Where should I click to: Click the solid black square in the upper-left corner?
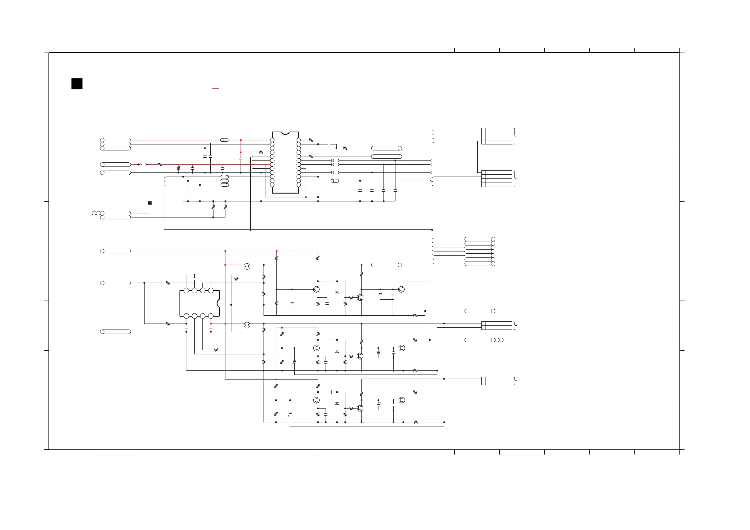coord(77,84)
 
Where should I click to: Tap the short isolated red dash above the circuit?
coord(215,88)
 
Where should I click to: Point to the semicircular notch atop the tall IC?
coord(285,133)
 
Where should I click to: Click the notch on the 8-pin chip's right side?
coord(218,303)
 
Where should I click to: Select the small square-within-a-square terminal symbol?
coord(150,203)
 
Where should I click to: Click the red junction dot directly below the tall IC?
coord(306,197)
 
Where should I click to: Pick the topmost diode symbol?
coord(337,293)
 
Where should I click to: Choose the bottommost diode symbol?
coord(337,403)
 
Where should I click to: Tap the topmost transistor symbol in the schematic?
coord(247,267)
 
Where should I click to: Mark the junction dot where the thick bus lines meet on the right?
coord(432,230)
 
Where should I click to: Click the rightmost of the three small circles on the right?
coord(501,340)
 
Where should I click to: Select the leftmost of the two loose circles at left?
coord(94,213)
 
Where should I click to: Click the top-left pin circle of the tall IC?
coord(272,140)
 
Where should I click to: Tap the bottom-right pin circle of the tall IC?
coord(298,185)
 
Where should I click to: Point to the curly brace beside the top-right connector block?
coord(515,136)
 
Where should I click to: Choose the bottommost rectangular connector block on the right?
coord(497,381)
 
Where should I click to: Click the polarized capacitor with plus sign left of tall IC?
coord(178,168)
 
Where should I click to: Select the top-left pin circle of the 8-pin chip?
coord(186,290)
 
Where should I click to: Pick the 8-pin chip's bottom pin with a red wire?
coord(211,316)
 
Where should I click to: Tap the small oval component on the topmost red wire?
coord(224,140)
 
